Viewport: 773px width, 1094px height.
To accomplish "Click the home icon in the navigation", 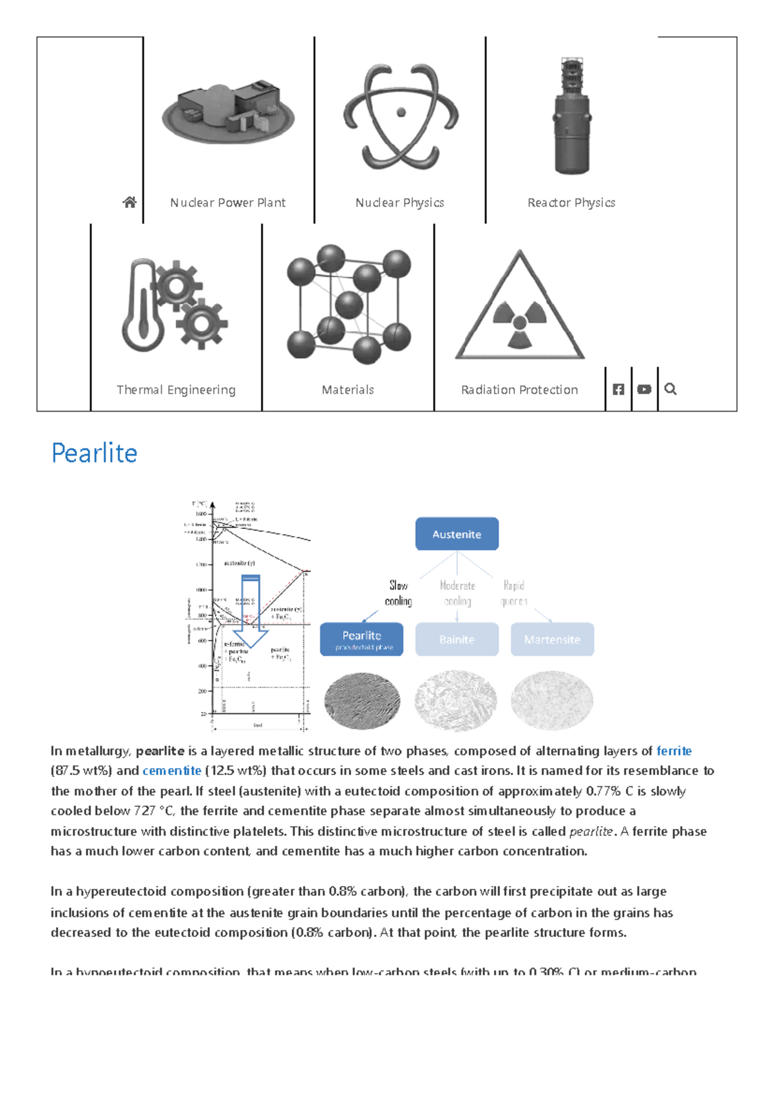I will (129, 202).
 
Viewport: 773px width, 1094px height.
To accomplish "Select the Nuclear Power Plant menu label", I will (227, 202).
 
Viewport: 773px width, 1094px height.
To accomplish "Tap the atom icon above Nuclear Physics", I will (401, 116).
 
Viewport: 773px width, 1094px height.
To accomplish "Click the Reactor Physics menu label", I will (571, 202).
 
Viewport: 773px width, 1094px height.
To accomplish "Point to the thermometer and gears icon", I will (175, 305).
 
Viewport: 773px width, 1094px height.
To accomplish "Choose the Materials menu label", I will (348, 390).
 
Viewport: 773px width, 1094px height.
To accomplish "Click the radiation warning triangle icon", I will (520, 307).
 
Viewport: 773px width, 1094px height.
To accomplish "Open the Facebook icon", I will (618, 389).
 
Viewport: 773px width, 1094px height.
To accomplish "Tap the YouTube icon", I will (644, 389).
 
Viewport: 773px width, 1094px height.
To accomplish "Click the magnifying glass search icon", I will (671, 389).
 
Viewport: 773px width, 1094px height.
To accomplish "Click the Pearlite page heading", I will (94, 453).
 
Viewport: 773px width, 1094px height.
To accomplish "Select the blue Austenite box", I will (457, 534).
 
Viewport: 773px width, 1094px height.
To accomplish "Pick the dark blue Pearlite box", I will (361, 639).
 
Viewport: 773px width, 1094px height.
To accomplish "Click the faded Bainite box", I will (457, 639).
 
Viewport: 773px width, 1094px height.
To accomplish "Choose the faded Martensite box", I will (552, 639).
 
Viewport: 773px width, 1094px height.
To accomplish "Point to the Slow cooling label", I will (398, 593).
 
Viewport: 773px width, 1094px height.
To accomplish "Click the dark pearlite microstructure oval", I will (362, 701).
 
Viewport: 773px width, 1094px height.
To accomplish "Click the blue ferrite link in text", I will (674, 751).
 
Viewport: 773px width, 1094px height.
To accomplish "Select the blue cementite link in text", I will (172, 771).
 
